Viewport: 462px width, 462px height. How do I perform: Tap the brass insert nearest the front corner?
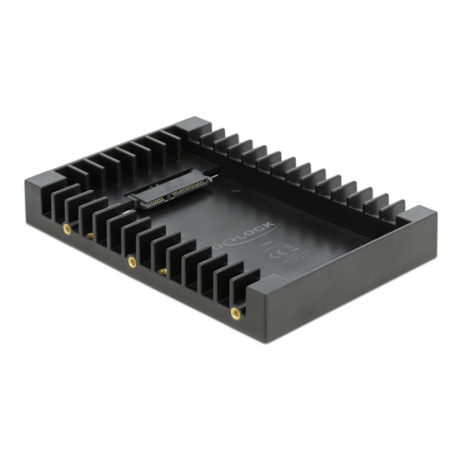(234, 314)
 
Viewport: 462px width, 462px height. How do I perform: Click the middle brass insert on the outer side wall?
(132, 262)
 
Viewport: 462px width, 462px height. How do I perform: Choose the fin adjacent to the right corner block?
(394, 209)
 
